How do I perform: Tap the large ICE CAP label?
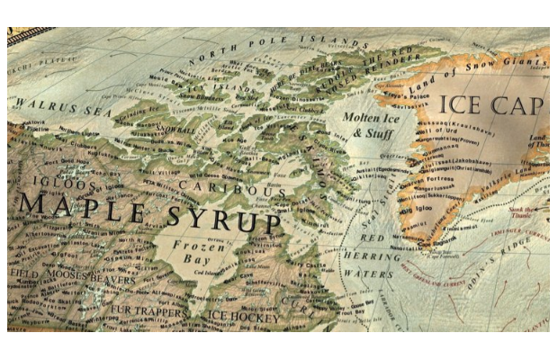pos(491,106)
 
